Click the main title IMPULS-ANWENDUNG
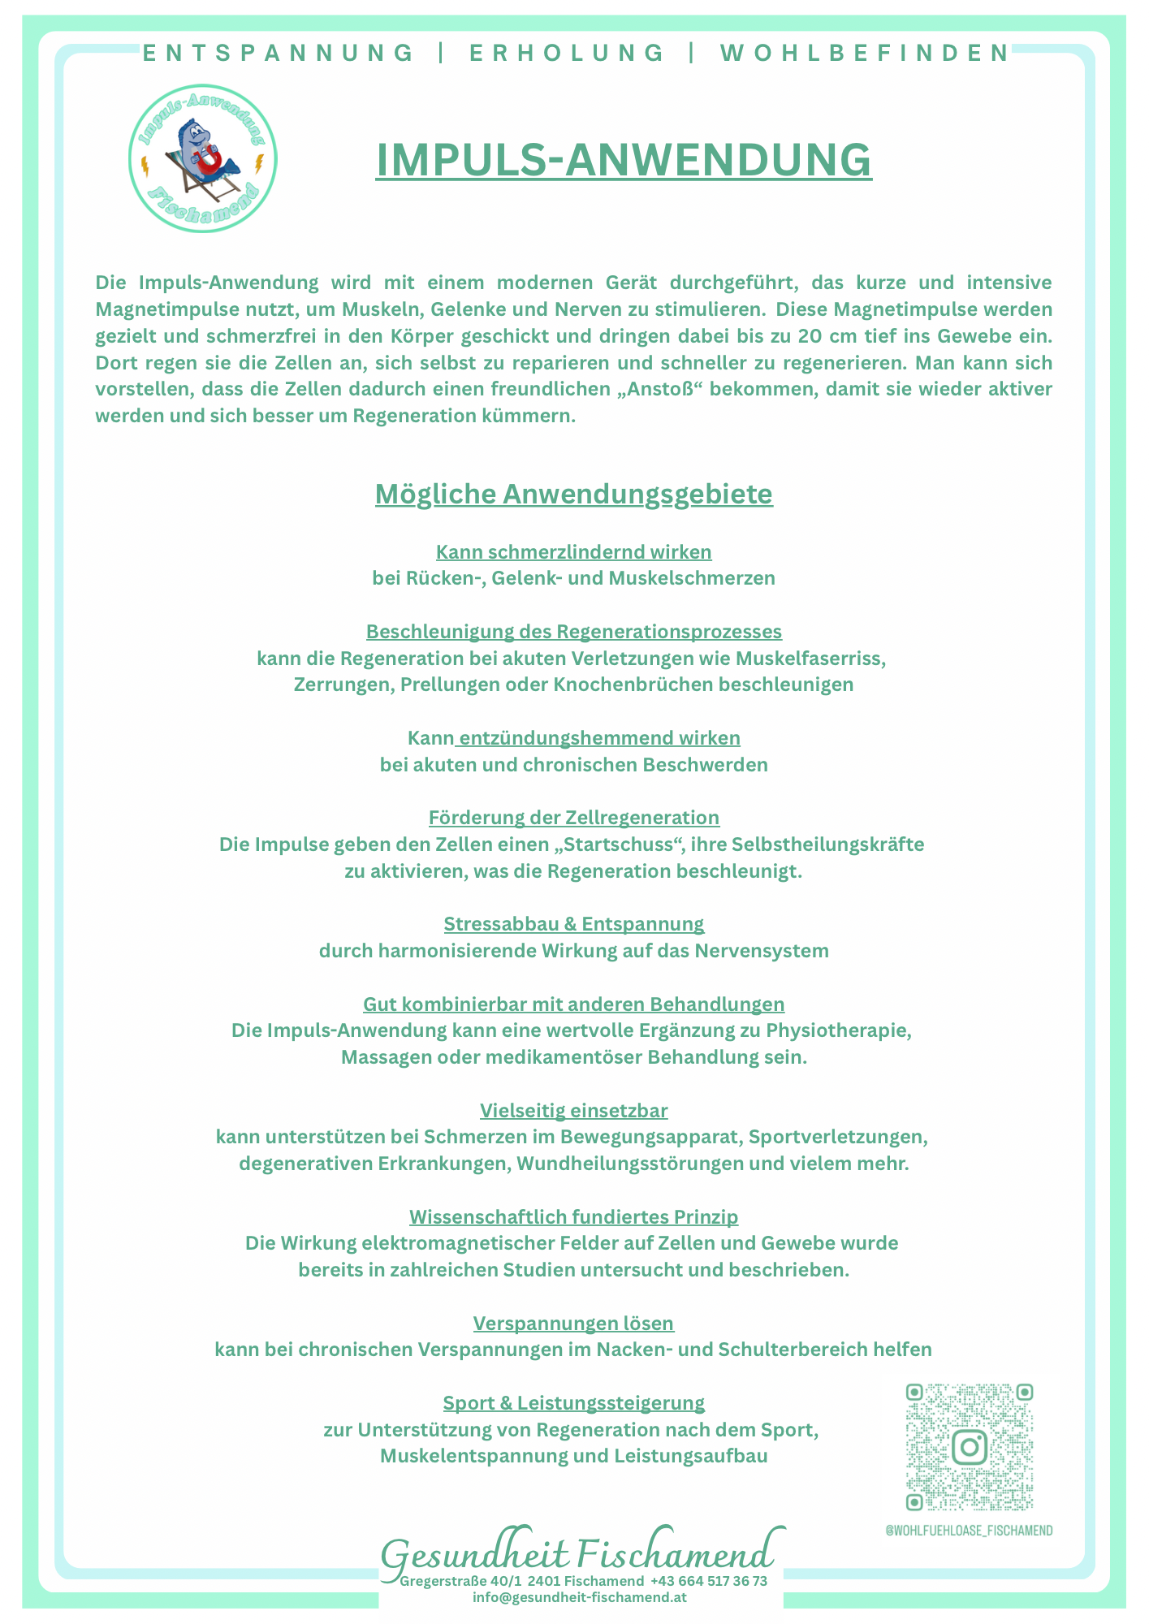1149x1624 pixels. [x=624, y=159]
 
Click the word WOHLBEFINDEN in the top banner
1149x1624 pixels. [x=865, y=54]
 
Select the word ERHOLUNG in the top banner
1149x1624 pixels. [x=567, y=54]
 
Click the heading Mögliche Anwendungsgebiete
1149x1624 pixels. [x=573, y=494]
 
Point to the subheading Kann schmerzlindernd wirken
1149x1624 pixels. [x=573, y=552]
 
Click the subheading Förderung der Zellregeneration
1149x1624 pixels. [x=573, y=817]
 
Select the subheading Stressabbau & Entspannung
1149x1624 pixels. [x=573, y=923]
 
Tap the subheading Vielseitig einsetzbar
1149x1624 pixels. [x=573, y=1110]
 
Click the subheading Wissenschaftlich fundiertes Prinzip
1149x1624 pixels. [x=573, y=1216]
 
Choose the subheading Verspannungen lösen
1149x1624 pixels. [x=573, y=1323]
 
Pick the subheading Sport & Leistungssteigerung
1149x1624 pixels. [x=573, y=1402]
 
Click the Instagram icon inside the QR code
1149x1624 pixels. [x=969, y=1446]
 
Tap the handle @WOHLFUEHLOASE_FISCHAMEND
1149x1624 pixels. [x=969, y=1531]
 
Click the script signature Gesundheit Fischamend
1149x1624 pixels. [x=577, y=1555]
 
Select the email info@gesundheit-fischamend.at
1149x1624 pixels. [x=580, y=1596]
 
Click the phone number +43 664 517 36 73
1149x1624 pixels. [x=708, y=1581]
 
